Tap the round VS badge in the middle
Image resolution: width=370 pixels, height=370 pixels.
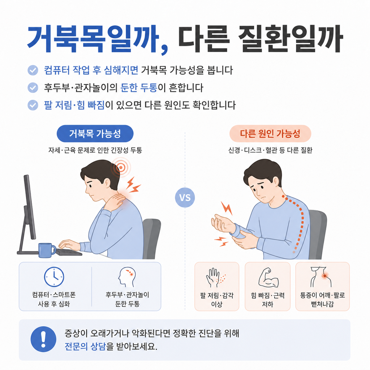185,198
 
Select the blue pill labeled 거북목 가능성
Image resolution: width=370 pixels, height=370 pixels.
95,134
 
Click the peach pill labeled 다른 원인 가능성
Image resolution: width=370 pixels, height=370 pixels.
270,134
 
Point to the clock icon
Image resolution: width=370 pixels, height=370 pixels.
54,277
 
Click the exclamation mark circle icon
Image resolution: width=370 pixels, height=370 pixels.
43,339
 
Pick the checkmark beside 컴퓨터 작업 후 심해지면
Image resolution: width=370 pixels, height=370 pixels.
33,70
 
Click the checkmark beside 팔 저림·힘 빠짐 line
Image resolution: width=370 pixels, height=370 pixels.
33,105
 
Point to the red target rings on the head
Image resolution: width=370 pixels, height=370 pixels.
121,167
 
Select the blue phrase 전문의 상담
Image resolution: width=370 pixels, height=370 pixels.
85,347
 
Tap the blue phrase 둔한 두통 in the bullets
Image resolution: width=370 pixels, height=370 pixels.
139,87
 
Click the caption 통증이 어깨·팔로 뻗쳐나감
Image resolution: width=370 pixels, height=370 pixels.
322,300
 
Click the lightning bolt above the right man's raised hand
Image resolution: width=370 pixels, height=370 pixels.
227,208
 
